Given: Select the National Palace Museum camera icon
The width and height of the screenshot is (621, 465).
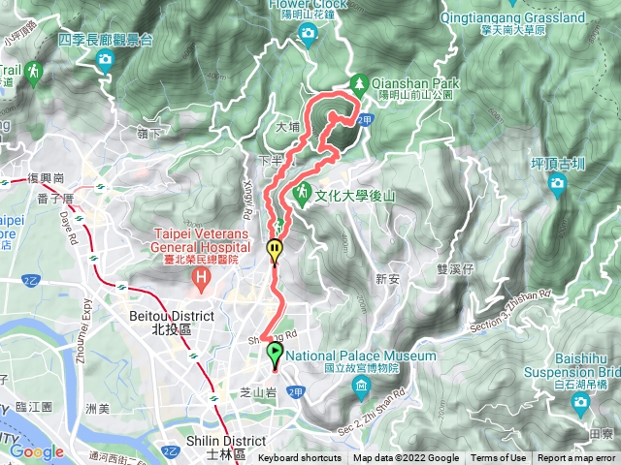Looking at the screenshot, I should coord(361,389).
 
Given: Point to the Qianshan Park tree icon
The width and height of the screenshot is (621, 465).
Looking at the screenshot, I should coord(359,84).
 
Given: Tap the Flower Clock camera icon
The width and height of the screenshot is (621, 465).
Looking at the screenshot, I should coord(309,36).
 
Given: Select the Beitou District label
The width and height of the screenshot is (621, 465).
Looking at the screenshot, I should coord(163,322).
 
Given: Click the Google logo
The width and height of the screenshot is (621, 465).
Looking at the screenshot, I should coord(37,451).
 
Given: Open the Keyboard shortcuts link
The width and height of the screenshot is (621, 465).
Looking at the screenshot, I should coord(299,458).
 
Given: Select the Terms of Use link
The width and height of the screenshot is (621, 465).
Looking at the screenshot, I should coord(499,458).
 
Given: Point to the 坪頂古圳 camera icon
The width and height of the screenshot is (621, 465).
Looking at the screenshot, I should coord(558,187).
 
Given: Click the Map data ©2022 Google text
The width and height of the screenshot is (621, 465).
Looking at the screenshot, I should coord(407,458).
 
